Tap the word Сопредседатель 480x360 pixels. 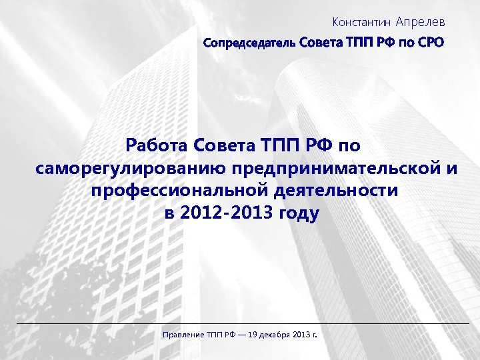pyautogui.click(x=250, y=43)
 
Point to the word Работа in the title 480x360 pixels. pyautogui.click(x=156, y=145)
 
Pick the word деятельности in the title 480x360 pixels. pyautogui.click(x=336, y=191)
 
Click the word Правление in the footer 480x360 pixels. pyautogui.click(x=183, y=333)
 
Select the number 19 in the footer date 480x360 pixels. pyautogui.click(x=251, y=333)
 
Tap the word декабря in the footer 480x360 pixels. pyautogui.click(x=275, y=333)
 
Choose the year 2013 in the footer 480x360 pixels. pyautogui.click(x=302, y=333)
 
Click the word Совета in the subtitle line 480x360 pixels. pyautogui.click(x=319, y=43)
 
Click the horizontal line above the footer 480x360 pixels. pyautogui.click(x=240, y=323)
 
